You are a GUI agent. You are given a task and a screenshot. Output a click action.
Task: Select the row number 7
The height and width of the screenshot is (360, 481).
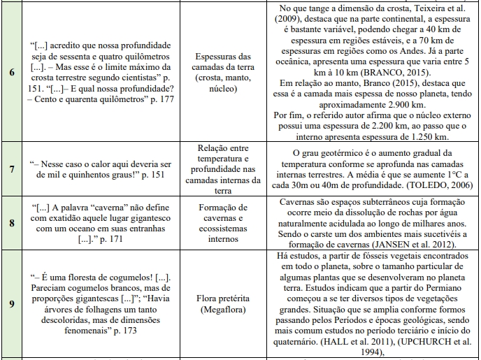point(12,169)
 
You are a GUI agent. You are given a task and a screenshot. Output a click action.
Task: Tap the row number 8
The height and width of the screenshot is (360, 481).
point(12,224)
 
